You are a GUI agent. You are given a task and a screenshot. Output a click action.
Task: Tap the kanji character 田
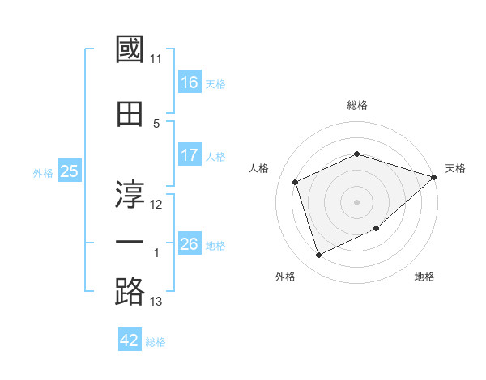pos(130,114)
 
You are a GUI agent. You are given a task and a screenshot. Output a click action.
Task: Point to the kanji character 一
pos(130,242)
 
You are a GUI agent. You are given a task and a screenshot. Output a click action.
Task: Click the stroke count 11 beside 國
pos(156,59)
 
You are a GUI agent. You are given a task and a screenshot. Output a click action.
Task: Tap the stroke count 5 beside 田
pos(156,124)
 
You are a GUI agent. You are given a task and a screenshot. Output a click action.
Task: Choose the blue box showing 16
pos(190,82)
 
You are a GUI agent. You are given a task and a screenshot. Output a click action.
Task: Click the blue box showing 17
pos(190,155)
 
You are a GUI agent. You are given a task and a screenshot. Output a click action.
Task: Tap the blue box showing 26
pos(190,244)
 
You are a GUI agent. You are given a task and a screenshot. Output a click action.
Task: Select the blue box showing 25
pos(69,171)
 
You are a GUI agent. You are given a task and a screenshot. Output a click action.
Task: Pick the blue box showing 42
pos(130,340)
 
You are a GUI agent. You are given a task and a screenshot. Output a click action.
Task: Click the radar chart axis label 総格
pos(357,105)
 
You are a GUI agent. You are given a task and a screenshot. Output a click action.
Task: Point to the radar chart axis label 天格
pos(455,168)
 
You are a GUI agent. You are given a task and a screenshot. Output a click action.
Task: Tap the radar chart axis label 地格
pos(424,277)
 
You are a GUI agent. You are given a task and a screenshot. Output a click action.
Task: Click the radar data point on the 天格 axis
pos(435,177)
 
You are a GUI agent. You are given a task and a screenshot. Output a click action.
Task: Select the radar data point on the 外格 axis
pos(318,255)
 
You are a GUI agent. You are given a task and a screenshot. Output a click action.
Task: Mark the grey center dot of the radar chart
pos(357,202)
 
